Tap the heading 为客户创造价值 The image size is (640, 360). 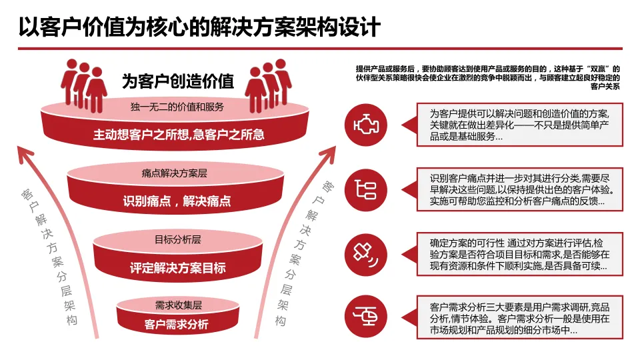click(x=178, y=81)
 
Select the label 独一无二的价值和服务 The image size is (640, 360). click(x=177, y=107)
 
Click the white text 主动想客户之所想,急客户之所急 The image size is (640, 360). click(x=179, y=135)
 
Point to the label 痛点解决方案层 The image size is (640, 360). click(x=175, y=173)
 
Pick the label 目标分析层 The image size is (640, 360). click(x=177, y=239)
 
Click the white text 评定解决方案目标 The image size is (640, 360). click(x=177, y=269)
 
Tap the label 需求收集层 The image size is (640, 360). click(x=178, y=305)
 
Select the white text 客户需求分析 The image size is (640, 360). click(x=176, y=325)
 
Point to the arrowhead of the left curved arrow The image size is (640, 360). click(x=25, y=152)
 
